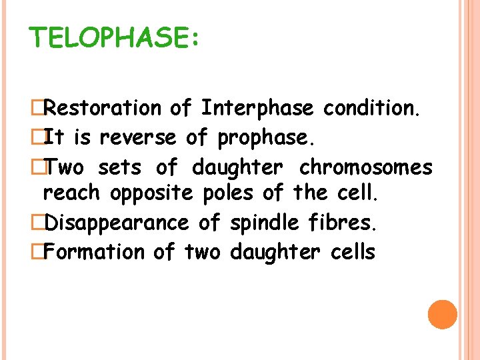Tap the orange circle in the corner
coord(442,314)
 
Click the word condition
coord(371,108)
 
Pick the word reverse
coord(138,138)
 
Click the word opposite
coord(151,194)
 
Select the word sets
coord(119,167)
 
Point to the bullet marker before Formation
coord(37,253)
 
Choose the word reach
coord(71,194)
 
